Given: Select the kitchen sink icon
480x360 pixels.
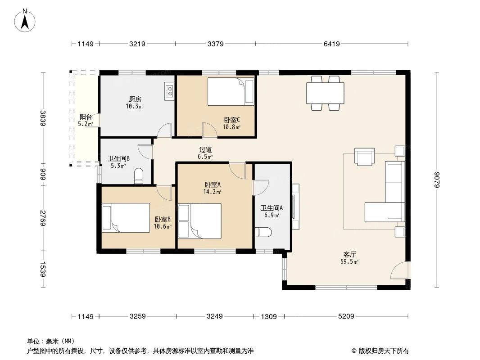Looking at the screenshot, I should (x=169, y=91).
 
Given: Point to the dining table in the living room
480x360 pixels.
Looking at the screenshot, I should (x=325, y=93).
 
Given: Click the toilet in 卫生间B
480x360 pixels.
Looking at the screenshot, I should (x=139, y=176).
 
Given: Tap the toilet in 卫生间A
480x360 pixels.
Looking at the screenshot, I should (x=263, y=233).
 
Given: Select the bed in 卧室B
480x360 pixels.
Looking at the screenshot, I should (x=126, y=217).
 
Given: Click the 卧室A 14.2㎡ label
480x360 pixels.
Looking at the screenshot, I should (x=213, y=188).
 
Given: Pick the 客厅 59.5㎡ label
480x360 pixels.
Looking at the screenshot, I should (x=349, y=257).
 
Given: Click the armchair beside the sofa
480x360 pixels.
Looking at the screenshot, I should (x=364, y=156).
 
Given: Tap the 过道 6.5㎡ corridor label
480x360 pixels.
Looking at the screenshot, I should (x=205, y=153).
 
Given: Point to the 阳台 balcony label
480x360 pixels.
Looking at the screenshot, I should (x=86, y=120).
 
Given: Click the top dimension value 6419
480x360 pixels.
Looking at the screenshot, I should (x=331, y=44).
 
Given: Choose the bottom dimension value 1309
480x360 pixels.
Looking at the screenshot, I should (x=268, y=317).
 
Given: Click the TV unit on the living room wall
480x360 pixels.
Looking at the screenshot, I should (x=295, y=207).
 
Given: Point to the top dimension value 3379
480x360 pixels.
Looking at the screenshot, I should (x=216, y=44).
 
